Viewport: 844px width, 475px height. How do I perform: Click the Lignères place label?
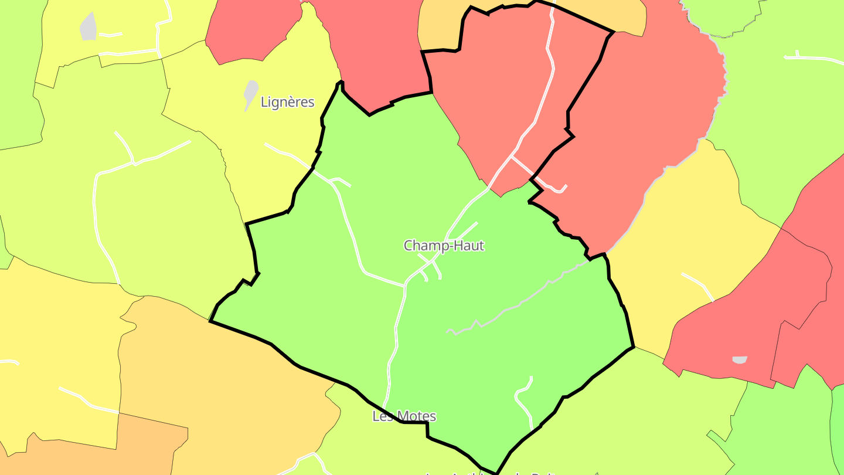click(287, 103)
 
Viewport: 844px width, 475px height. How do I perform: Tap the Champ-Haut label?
click(444, 246)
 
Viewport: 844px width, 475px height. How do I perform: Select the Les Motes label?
click(404, 416)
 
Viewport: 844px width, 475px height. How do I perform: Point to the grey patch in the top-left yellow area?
click(88, 28)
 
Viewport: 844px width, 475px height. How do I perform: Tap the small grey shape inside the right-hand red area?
click(740, 359)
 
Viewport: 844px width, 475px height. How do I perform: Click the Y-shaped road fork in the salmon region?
click(512, 157)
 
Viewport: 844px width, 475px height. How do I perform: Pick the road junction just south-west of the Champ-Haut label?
click(405, 286)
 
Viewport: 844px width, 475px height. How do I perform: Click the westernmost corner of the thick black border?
click(210, 321)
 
